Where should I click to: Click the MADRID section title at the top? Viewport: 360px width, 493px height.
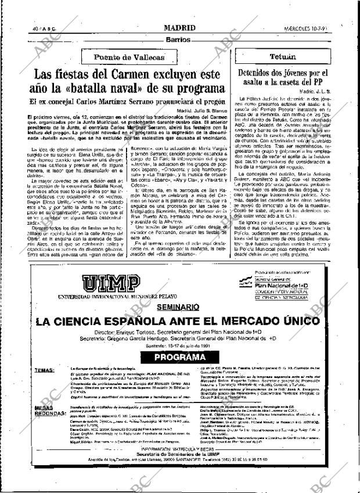click(179, 28)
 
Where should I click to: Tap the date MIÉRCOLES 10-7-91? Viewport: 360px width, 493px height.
click(326, 28)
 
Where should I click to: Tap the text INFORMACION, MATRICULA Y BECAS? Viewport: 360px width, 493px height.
click(179, 465)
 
